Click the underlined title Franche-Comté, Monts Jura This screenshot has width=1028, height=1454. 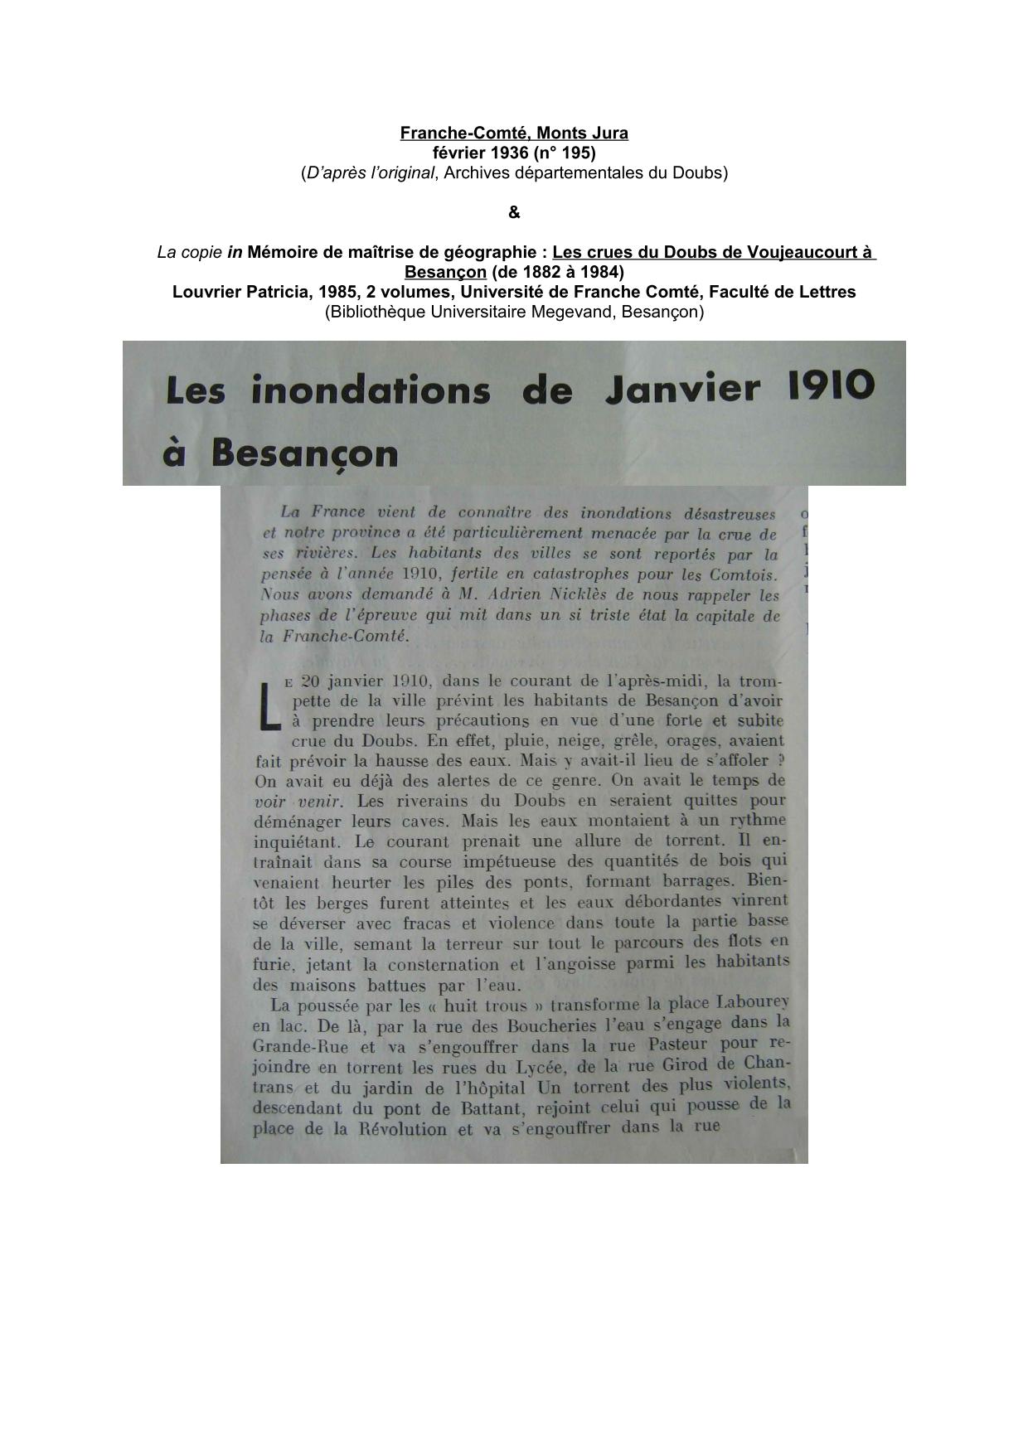coord(514,133)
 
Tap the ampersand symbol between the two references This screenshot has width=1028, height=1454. coord(514,213)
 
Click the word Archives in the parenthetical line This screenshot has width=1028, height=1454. coord(473,173)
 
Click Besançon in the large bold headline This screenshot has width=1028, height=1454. coord(304,453)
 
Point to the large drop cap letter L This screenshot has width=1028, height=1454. coord(267,706)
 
